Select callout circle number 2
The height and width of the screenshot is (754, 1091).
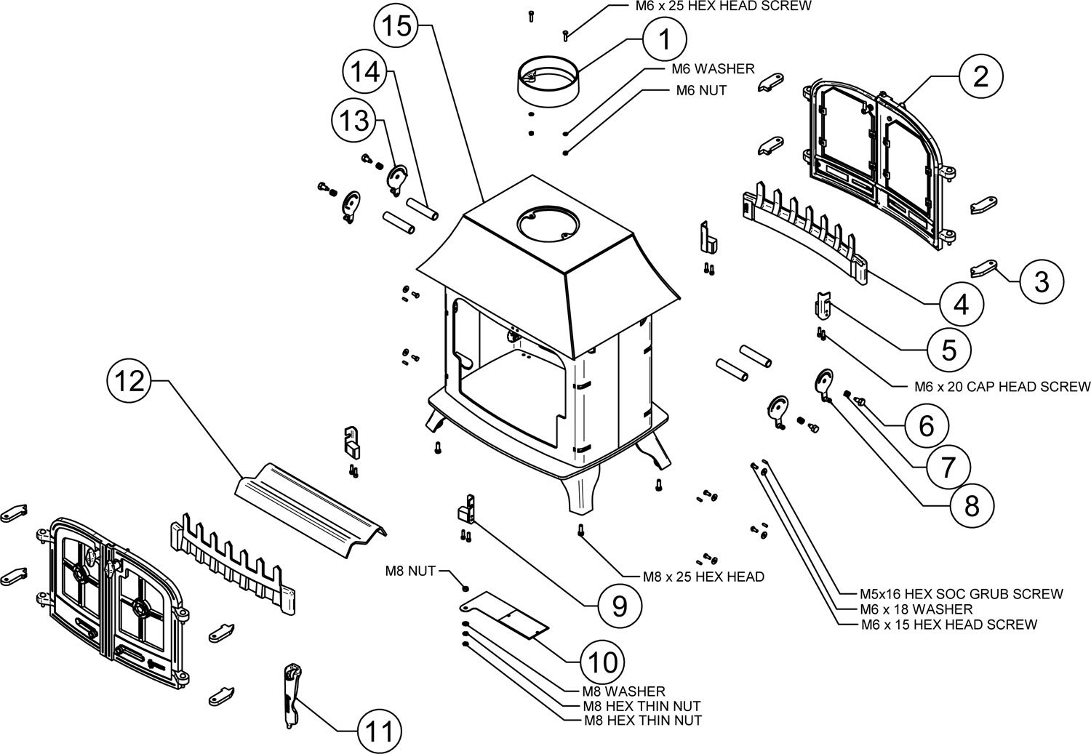click(x=980, y=76)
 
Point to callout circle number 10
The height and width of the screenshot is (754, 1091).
click(x=604, y=662)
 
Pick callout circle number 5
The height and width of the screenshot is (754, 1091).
click(x=949, y=350)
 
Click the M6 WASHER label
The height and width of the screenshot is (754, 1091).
click(x=712, y=69)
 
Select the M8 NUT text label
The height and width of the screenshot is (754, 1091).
click(x=410, y=571)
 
